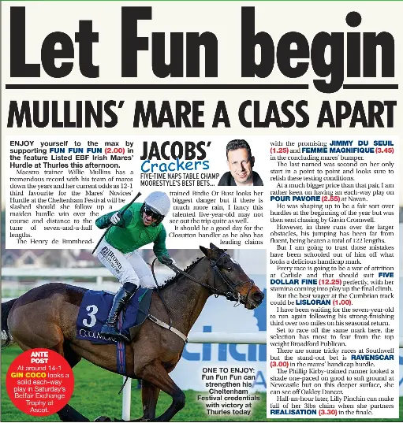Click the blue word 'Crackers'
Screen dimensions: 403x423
(x=174, y=165)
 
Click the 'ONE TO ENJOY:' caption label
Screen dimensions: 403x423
(x=228, y=369)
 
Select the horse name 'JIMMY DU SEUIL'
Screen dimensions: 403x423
(x=362, y=143)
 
